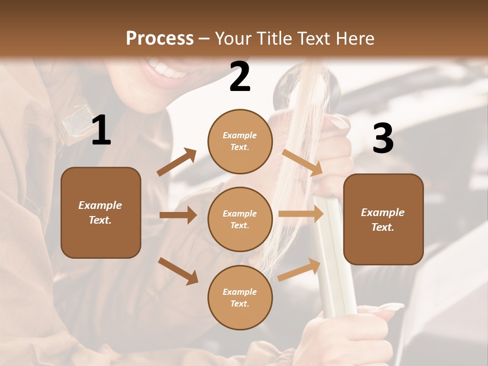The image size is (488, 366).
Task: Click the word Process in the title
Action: click(160, 38)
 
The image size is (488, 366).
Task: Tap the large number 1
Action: click(101, 131)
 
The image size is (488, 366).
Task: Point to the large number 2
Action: click(240, 77)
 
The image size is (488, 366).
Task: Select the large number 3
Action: click(383, 138)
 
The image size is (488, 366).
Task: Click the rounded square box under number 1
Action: click(101, 212)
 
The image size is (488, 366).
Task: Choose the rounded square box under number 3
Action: click(383, 219)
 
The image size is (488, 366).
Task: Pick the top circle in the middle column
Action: click(240, 141)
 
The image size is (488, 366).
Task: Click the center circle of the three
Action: click(240, 219)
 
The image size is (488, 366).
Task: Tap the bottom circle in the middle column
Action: click(240, 297)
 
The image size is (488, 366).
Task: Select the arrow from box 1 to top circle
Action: click(176, 162)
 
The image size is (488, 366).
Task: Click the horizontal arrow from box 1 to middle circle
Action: click(178, 215)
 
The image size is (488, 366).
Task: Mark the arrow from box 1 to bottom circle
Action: click(178, 271)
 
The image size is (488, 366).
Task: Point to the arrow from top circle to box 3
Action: click(302, 162)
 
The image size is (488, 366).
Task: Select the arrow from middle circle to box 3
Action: click(300, 214)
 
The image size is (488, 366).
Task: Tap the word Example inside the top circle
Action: click(240, 135)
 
